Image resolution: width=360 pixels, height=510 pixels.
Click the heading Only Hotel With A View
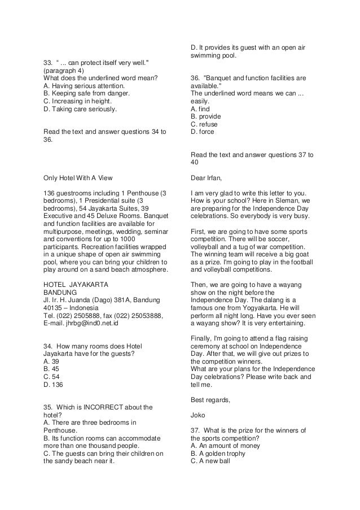tap(78, 176)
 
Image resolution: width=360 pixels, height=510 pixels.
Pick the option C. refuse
tap(204, 124)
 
